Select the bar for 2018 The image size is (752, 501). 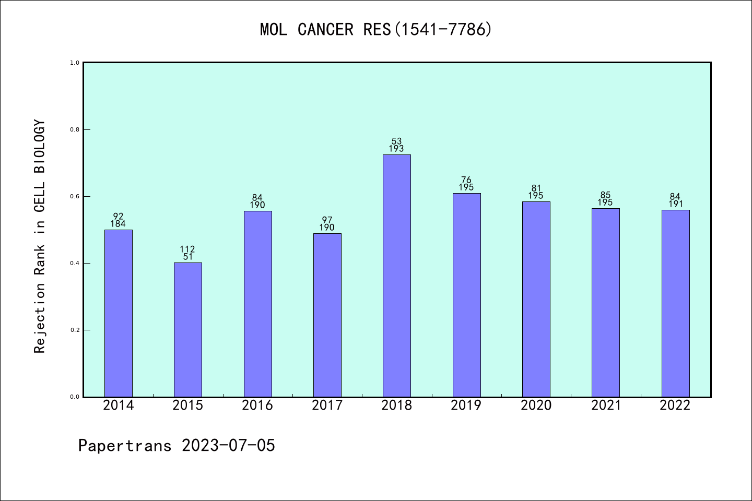coord(396,276)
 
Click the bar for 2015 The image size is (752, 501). coord(187,329)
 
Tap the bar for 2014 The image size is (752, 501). coord(118,313)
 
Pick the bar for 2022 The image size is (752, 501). coord(675,303)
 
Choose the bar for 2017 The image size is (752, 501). coord(327,315)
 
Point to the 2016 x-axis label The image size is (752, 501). coord(257,405)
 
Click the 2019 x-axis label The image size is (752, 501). coord(466,405)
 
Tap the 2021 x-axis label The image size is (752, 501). coord(606,405)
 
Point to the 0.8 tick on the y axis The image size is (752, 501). coord(75,129)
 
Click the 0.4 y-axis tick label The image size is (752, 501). coord(75,263)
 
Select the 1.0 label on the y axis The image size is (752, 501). coord(75,63)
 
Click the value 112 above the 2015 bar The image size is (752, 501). coord(187,249)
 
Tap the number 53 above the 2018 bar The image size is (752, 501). coord(396,141)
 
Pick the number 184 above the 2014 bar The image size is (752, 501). coord(118,224)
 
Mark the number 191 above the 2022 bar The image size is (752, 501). coord(675,205)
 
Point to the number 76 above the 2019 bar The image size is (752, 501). coord(466,181)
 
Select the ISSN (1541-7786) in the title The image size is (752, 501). coord(443,30)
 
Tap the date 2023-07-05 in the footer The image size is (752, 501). coord(228,446)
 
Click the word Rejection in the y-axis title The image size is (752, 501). coord(40,318)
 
